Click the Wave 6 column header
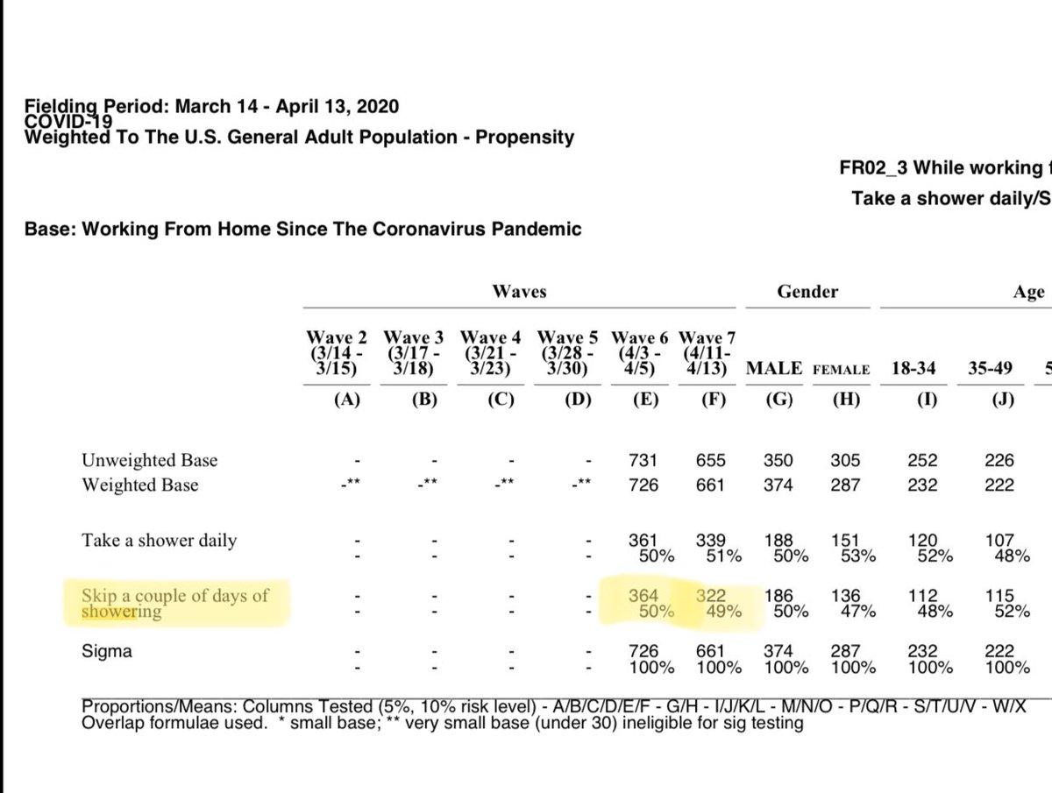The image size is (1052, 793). click(x=639, y=353)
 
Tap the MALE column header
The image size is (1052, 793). click(x=774, y=369)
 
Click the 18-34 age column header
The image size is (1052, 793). click(x=915, y=369)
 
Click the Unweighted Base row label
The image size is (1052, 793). click(x=149, y=460)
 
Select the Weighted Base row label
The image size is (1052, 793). click(x=140, y=485)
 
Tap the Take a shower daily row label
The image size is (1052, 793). click(x=159, y=541)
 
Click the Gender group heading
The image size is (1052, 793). click(x=807, y=292)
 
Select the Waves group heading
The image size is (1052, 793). click(x=520, y=292)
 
